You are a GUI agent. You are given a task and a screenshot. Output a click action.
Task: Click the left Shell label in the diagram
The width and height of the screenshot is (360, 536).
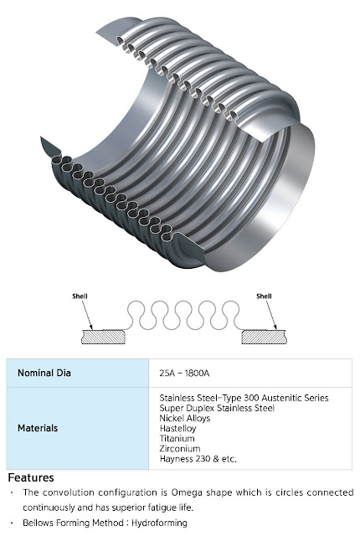click(80, 296)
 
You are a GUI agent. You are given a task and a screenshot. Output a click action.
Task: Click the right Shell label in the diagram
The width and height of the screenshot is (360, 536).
click(264, 296)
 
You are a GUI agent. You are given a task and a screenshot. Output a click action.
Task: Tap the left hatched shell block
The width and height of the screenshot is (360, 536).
click(103, 337)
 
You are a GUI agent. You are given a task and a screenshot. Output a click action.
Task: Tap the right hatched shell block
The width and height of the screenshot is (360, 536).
click(264, 337)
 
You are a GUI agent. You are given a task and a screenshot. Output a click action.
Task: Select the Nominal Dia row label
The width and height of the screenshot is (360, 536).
click(44, 373)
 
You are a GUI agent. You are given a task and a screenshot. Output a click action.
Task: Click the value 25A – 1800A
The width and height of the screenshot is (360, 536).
click(184, 373)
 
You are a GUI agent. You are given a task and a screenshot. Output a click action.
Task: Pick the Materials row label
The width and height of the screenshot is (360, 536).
click(38, 428)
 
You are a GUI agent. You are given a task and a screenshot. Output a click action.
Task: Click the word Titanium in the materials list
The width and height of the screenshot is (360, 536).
click(177, 438)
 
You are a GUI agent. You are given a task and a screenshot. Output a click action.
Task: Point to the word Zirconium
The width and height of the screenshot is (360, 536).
click(180, 449)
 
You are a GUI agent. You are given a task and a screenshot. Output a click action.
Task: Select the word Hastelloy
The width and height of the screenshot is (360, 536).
click(177, 428)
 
